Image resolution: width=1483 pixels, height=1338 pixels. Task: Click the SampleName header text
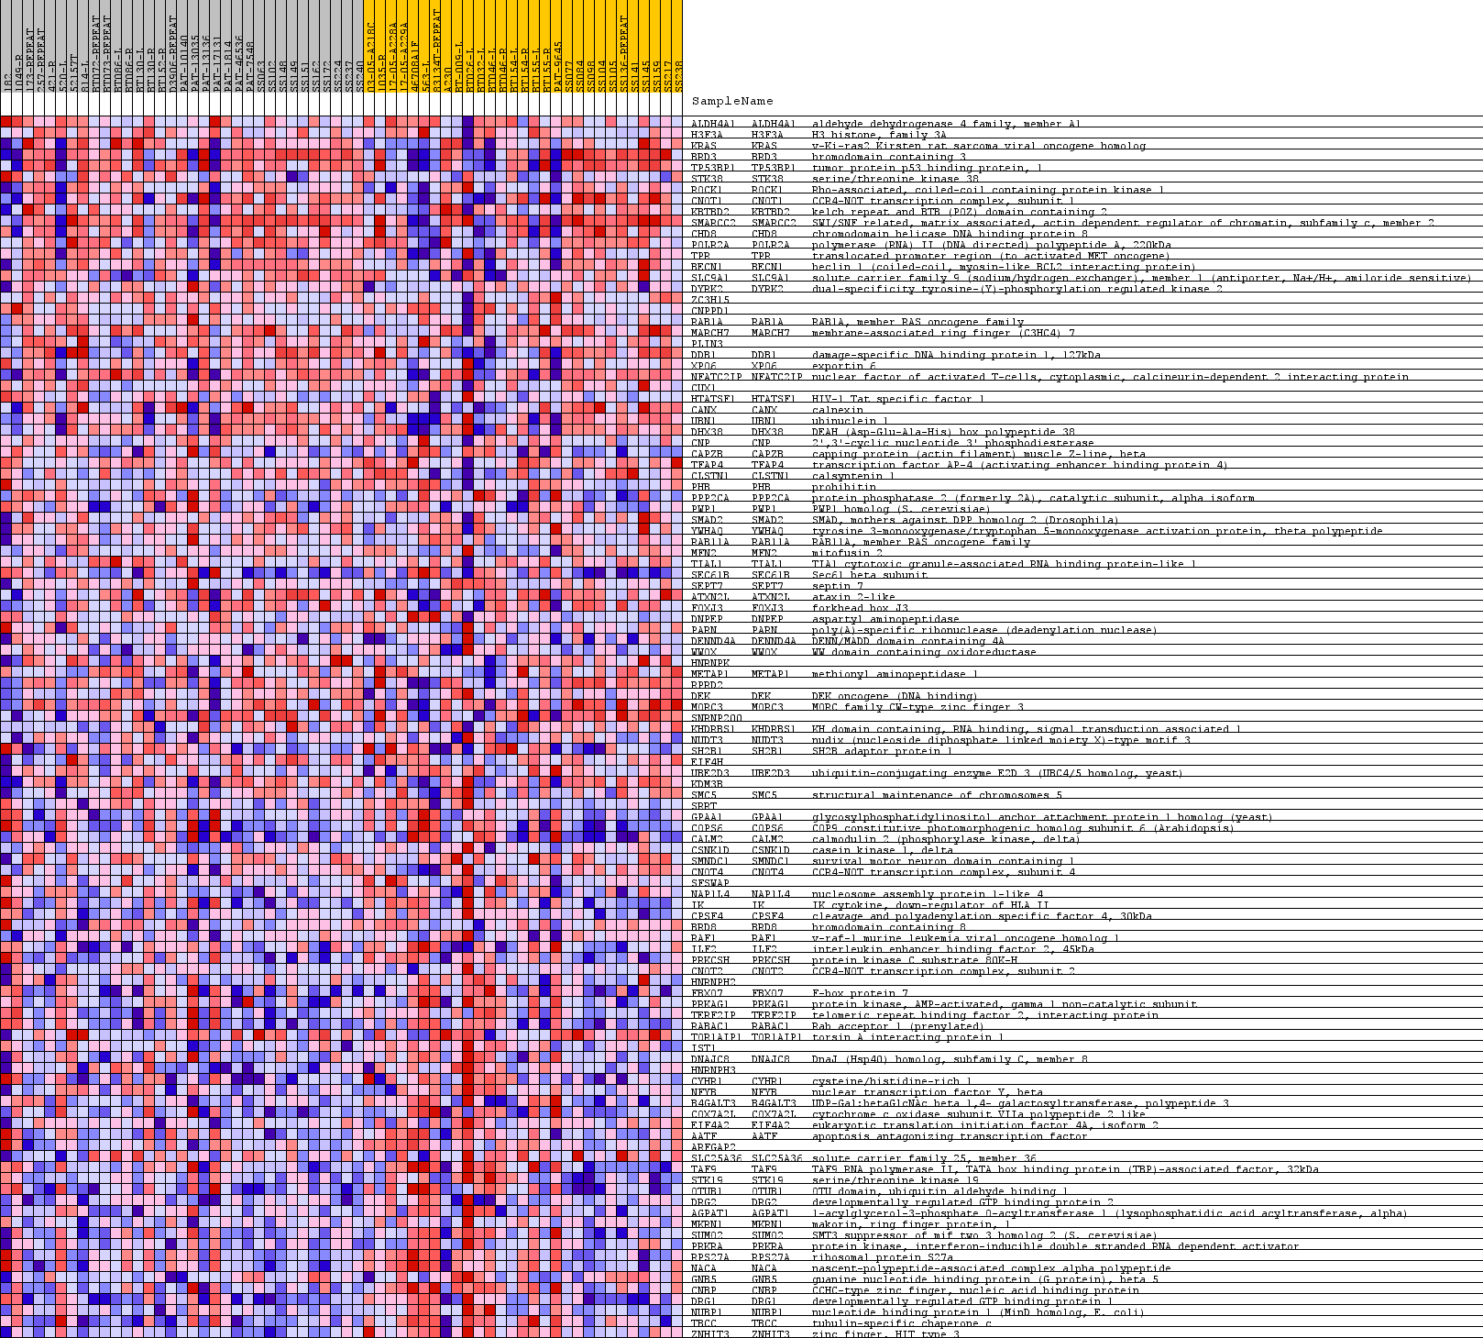point(731,102)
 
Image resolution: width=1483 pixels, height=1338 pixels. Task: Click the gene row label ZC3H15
point(710,300)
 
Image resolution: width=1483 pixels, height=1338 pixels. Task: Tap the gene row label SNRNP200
point(716,718)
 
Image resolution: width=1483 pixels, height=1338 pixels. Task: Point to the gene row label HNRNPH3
point(713,1070)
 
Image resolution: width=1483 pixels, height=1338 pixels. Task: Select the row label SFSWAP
point(709,883)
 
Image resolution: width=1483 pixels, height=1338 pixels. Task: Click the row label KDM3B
point(707,784)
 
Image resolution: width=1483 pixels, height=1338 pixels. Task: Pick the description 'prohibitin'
point(838,487)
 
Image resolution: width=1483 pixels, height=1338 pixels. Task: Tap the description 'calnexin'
point(834,410)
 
